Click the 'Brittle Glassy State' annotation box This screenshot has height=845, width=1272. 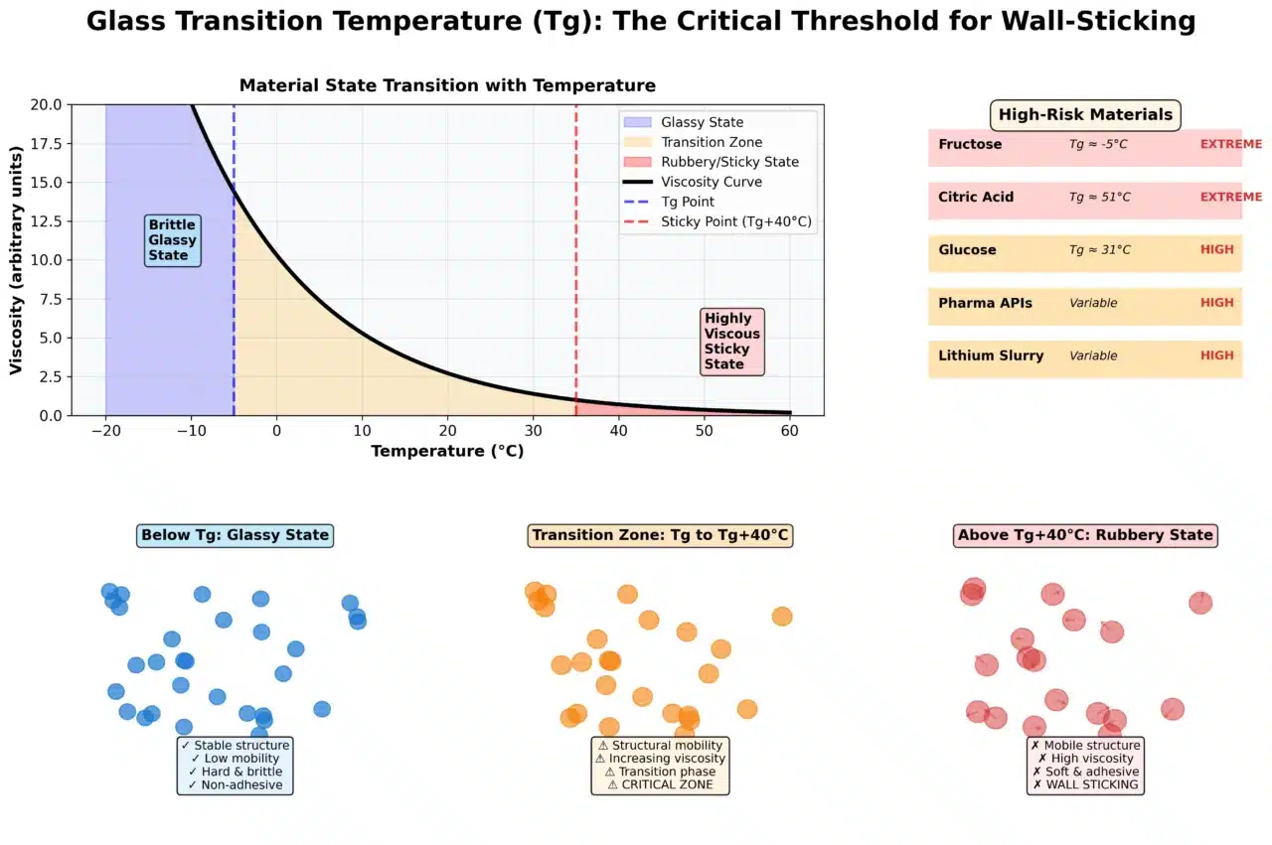(173, 240)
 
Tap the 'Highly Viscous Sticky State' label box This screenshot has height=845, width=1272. (731, 342)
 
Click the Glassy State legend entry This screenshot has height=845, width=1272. (702, 122)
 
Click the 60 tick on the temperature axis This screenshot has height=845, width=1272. (790, 430)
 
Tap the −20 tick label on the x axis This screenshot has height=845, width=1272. (105, 430)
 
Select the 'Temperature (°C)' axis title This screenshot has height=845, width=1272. (447, 452)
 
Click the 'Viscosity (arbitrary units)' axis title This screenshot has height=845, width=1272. (17, 260)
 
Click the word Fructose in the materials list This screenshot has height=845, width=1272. (970, 144)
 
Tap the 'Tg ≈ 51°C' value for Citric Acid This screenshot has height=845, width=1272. (1099, 198)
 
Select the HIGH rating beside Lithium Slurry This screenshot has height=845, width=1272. (1216, 355)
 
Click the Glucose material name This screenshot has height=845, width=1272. (967, 250)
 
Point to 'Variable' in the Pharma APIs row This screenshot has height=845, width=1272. (1093, 303)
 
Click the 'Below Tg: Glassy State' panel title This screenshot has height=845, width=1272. (235, 535)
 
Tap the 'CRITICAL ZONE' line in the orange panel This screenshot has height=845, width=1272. (660, 785)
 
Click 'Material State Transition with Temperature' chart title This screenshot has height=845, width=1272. (447, 85)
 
